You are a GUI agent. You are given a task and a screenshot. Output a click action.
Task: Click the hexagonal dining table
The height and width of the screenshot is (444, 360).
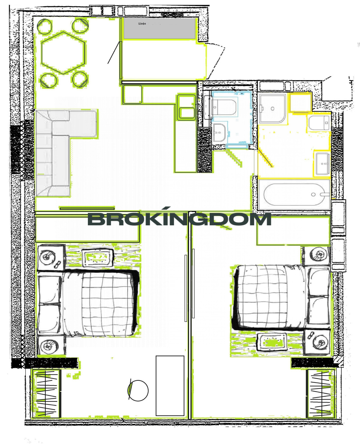pyautogui.click(x=64, y=53)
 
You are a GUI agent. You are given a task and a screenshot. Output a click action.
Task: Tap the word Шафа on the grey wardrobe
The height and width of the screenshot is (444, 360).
pyautogui.click(x=142, y=24)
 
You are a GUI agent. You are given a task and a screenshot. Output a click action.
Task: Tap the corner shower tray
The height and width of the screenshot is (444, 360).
pyautogui.click(x=272, y=109)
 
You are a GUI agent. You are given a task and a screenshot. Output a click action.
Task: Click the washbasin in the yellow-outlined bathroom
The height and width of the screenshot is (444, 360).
pyautogui.click(x=322, y=163)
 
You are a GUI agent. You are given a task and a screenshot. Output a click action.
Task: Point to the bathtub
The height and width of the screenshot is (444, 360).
pyautogui.click(x=294, y=195)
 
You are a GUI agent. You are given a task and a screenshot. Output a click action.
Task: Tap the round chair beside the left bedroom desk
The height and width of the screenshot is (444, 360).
pyautogui.click(x=138, y=391)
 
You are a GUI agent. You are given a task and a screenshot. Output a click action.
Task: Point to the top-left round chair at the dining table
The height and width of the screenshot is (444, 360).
pyautogui.click(x=44, y=26)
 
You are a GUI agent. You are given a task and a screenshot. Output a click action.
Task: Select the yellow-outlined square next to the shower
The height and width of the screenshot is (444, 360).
pyautogui.click(x=299, y=102)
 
